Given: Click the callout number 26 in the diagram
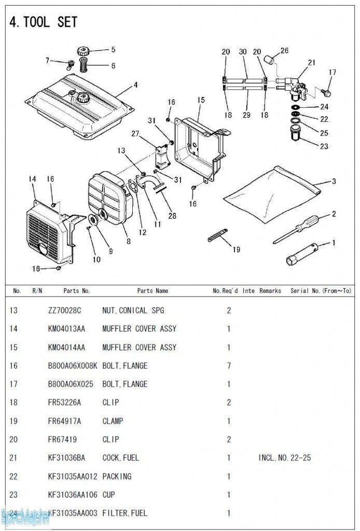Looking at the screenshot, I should pyautogui.click(x=284, y=50).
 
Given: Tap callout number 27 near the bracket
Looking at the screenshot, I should pyautogui.click(x=135, y=134).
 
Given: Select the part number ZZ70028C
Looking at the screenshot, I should pyautogui.click(x=66, y=311).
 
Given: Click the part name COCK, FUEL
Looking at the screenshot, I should pyautogui.click(x=121, y=458).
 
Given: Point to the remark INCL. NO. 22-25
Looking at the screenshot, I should pyautogui.click(x=285, y=458).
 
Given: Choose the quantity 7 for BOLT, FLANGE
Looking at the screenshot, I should pyautogui.click(x=229, y=366).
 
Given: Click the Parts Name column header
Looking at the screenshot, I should pyautogui.click(x=153, y=291).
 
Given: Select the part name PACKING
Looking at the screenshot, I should pyautogui.click(x=117, y=476).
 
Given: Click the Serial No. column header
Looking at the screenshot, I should pyautogui.click(x=321, y=291).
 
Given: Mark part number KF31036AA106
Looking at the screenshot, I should pyautogui.click(x=72, y=495).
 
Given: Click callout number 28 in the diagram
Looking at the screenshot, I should pyautogui.click(x=172, y=215).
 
